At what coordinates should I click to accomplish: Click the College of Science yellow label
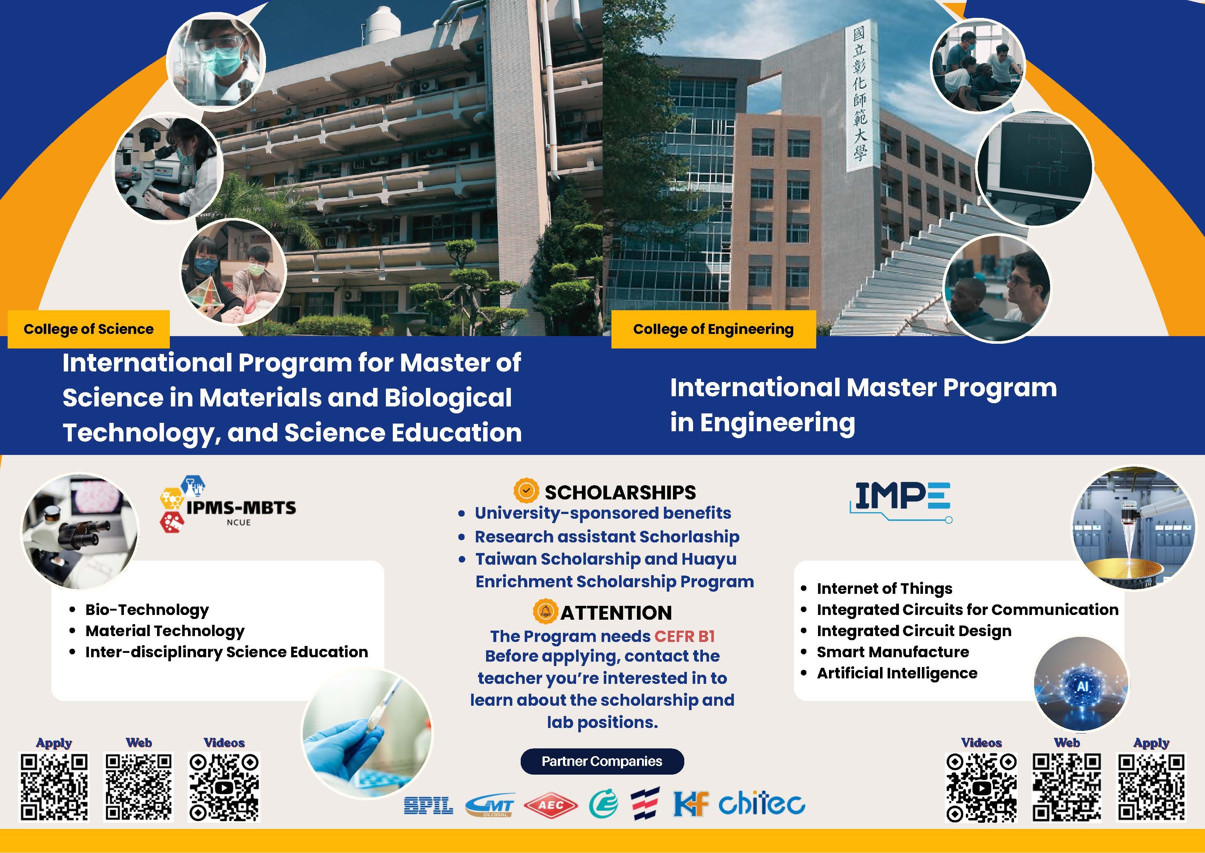click(89, 329)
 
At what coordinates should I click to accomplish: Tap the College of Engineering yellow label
click(713, 329)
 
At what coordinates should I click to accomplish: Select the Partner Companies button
click(602, 761)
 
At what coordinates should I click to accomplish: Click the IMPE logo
click(901, 502)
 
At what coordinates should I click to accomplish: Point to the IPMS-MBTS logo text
click(241, 508)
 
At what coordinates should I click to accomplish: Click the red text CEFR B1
click(685, 636)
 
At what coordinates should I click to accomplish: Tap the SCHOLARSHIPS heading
click(620, 492)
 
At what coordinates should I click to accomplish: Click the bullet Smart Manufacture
click(893, 652)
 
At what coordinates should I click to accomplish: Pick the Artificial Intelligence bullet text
click(897, 673)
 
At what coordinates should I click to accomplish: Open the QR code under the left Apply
click(54, 787)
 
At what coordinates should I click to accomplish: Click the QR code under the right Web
click(1067, 787)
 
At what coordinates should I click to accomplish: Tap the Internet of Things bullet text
click(884, 588)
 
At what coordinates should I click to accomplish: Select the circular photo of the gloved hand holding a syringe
click(368, 733)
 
